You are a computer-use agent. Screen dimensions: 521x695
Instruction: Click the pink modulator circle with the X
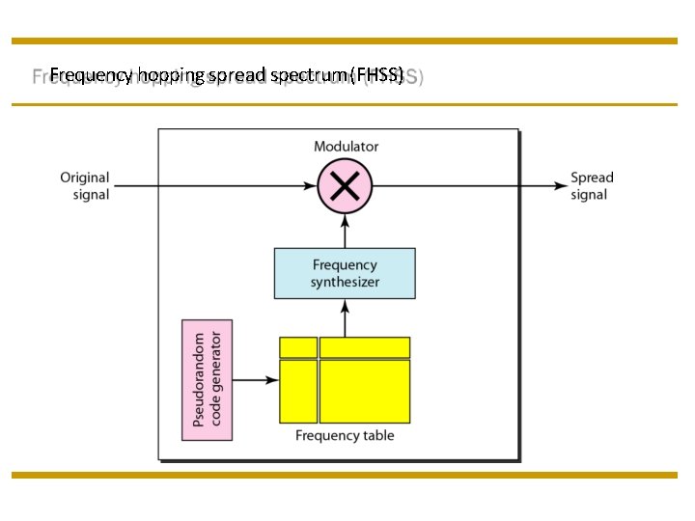coord(346,186)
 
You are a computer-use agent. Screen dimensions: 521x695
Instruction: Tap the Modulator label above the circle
coord(346,147)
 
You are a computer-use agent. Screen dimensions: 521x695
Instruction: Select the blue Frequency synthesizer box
coord(345,273)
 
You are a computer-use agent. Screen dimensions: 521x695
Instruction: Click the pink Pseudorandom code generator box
coord(207,380)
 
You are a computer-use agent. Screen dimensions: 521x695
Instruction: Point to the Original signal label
coord(85,186)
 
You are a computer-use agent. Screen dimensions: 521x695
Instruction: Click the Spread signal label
coord(592,186)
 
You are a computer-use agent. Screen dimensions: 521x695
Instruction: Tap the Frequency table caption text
coord(345,436)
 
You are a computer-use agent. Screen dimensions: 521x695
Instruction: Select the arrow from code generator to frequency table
coord(256,380)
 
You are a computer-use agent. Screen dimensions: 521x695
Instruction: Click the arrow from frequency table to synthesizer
coord(345,317)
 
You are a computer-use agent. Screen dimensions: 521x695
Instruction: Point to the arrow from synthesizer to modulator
coord(345,232)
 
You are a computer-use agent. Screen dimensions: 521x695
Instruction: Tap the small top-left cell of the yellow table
coord(298,347)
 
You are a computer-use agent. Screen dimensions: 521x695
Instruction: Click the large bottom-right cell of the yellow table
coord(365,391)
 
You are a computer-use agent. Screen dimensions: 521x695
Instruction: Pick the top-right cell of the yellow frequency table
coord(365,347)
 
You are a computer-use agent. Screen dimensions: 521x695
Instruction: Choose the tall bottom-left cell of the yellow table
coord(298,391)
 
